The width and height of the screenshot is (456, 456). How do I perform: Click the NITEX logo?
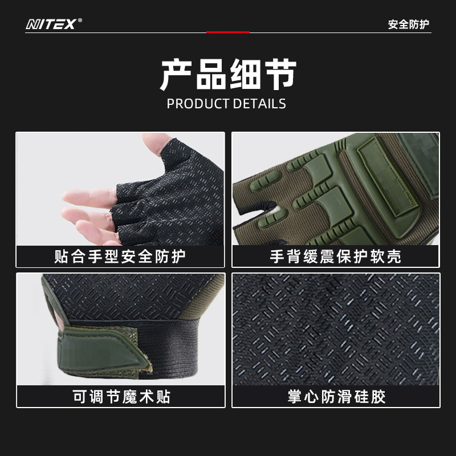point(51,24)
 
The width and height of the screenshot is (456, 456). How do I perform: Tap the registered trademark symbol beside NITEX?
point(80,21)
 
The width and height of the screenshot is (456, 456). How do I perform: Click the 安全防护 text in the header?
point(409,25)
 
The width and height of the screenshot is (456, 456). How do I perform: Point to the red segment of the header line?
point(228,32)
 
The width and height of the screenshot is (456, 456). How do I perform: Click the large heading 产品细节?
point(229,74)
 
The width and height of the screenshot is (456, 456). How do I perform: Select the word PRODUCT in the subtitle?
point(198,104)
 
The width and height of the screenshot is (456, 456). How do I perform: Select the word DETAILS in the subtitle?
point(259,104)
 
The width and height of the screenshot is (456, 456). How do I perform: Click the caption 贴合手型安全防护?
point(120,256)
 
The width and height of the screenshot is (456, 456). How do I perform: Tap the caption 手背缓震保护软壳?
point(336,256)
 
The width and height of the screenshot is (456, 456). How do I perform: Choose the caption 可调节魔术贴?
point(121,397)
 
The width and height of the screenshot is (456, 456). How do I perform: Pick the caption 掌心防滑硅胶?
point(336,397)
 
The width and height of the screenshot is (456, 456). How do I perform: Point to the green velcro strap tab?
point(102,352)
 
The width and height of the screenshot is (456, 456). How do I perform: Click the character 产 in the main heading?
point(177,74)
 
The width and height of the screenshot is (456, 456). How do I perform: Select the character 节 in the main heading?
point(280,74)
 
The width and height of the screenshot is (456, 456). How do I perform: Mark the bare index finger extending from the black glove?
point(89,196)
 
